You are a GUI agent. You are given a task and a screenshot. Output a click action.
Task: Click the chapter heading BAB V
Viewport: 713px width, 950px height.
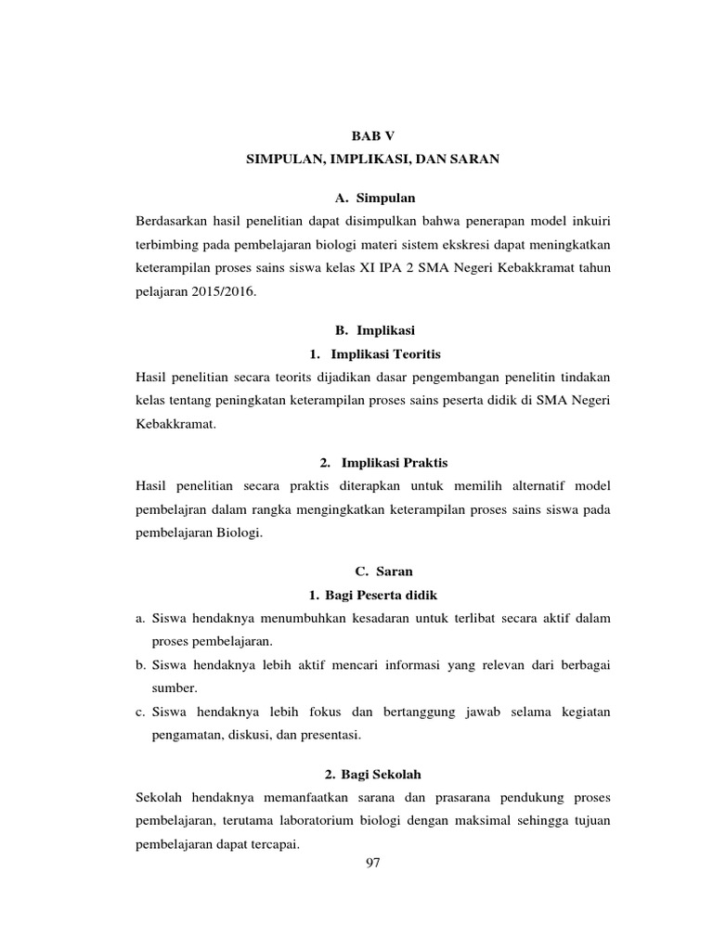click(x=372, y=135)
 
